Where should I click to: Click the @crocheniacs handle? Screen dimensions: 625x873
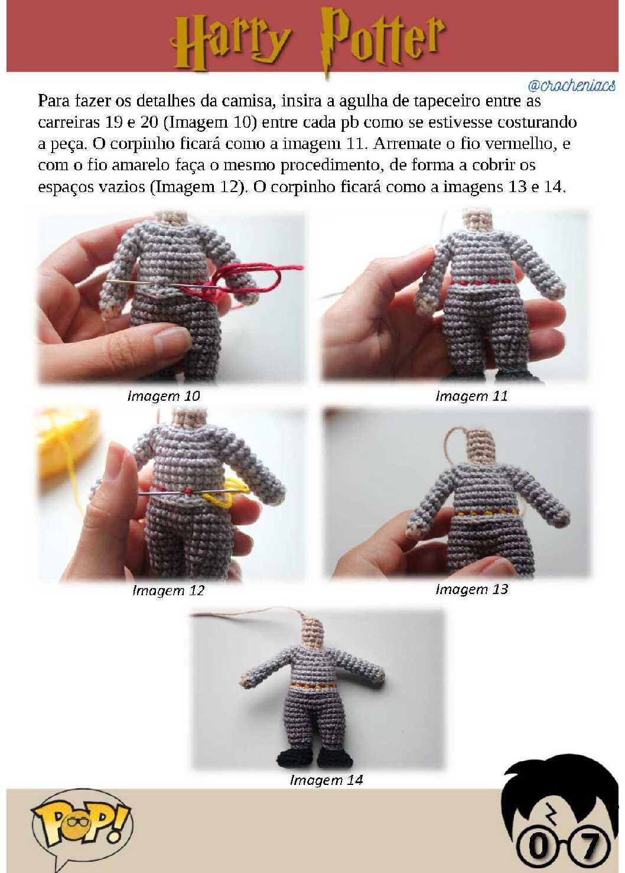[572, 85]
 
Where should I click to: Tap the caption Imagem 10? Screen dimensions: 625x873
[164, 396]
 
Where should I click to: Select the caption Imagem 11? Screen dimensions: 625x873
[471, 396]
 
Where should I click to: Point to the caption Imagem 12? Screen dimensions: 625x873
[168, 590]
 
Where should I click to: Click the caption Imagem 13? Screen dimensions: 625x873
[471, 589]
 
